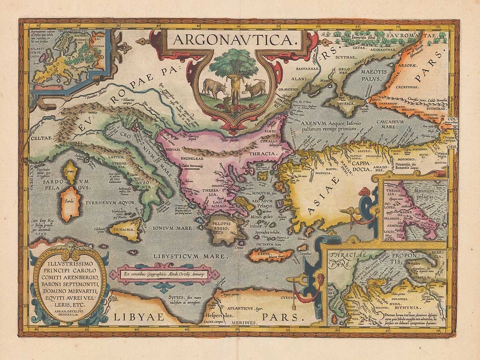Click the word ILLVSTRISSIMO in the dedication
click(70, 264)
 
